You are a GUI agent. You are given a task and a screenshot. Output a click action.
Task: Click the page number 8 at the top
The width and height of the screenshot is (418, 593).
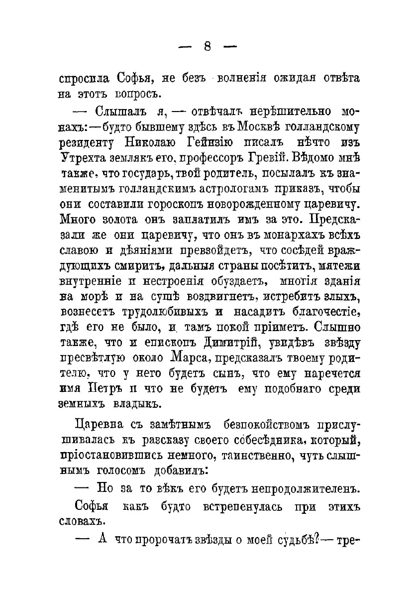point(209,47)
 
